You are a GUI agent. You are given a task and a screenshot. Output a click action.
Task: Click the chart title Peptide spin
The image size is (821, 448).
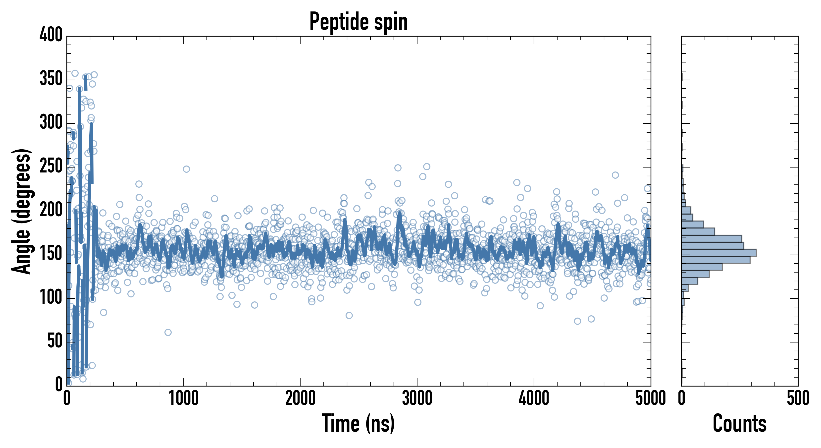coord(359,22)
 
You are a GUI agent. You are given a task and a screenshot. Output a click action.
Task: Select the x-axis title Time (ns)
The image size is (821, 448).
coord(358,423)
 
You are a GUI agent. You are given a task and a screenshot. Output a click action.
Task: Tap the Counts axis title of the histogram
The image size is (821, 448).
coord(739,423)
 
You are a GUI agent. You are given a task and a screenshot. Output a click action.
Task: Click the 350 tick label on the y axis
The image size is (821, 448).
coord(51,78)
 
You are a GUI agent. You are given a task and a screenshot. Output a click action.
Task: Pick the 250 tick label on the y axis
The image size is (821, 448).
coord(51,166)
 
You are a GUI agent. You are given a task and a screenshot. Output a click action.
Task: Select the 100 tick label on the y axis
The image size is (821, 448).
coord(51,297)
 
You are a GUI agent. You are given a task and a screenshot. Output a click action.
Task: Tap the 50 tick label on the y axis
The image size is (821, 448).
coord(55,341)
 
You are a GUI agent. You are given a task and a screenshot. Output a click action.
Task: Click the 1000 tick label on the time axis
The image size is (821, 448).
coord(184,398)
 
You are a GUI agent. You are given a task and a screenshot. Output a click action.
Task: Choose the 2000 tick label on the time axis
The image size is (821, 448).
coord(300,398)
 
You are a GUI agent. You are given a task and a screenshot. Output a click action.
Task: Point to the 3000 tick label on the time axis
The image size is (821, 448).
coord(417,398)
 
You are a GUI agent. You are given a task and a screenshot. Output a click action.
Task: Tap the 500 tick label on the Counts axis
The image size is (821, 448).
coord(798,398)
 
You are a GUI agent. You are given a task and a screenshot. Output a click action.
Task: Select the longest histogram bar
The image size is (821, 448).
coord(719,253)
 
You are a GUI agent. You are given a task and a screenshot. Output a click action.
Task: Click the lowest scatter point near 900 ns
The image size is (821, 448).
coord(168,332)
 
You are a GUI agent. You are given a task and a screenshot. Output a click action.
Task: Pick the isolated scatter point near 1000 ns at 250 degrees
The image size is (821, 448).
coord(186,169)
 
